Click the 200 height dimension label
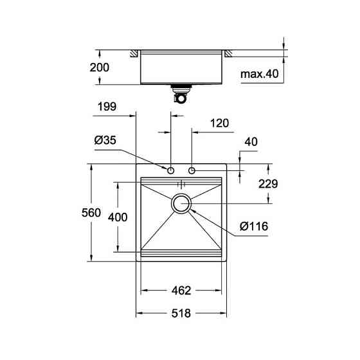click(100, 67)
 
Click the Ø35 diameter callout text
click(105, 139)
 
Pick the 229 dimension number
click(267, 184)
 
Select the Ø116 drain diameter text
click(253, 226)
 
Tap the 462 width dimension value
click(181, 291)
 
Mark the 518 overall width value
click(181, 313)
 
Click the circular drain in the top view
click(181, 203)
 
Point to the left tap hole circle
click(171, 170)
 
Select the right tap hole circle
click(192, 170)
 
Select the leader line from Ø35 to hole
click(145, 158)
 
